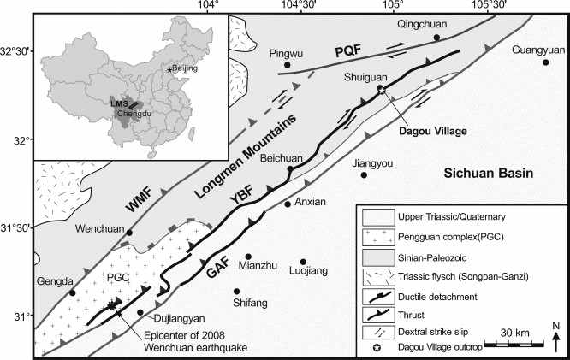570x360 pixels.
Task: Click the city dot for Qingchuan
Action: (x=437, y=38)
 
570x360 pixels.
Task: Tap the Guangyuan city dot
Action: (x=545, y=62)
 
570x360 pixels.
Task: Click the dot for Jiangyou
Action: (x=364, y=174)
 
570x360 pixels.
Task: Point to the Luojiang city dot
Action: (x=303, y=263)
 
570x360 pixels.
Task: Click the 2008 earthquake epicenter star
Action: (x=110, y=305)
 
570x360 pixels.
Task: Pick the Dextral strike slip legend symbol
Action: (x=373, y=330)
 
